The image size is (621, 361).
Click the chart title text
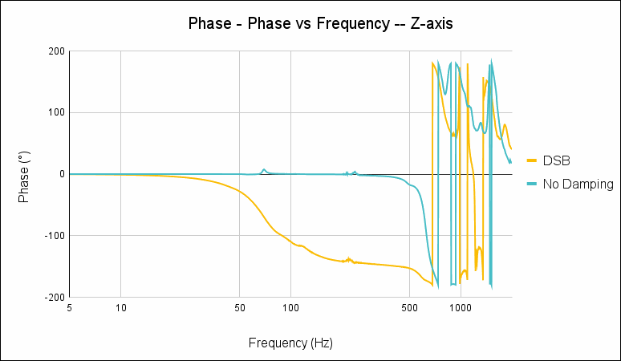320,23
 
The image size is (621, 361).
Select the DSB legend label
556,160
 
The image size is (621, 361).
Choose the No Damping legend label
578,185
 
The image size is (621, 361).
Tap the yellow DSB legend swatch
532,160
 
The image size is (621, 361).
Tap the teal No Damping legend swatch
532,185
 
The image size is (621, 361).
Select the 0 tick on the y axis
60,174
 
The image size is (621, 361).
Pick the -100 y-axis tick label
53,236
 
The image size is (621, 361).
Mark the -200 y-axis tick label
53,297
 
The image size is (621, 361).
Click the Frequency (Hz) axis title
290,343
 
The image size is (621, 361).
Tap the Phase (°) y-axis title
25,174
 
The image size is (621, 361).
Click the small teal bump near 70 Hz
263,170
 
